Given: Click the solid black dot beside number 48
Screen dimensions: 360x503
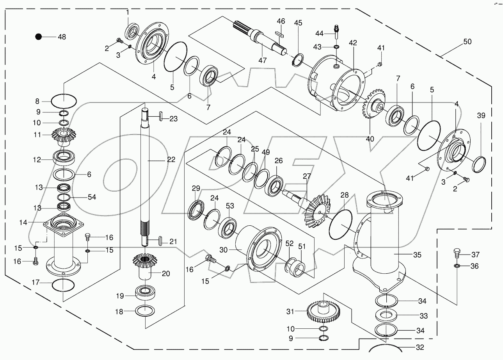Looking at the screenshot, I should point(38,37).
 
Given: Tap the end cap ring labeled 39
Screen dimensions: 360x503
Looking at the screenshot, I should point(479,164).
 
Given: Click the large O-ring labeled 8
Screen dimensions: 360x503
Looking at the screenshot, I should point(64,100).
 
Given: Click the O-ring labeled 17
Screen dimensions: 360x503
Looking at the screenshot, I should point(63,285).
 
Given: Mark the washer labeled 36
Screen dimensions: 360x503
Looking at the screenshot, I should point(458,266).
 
